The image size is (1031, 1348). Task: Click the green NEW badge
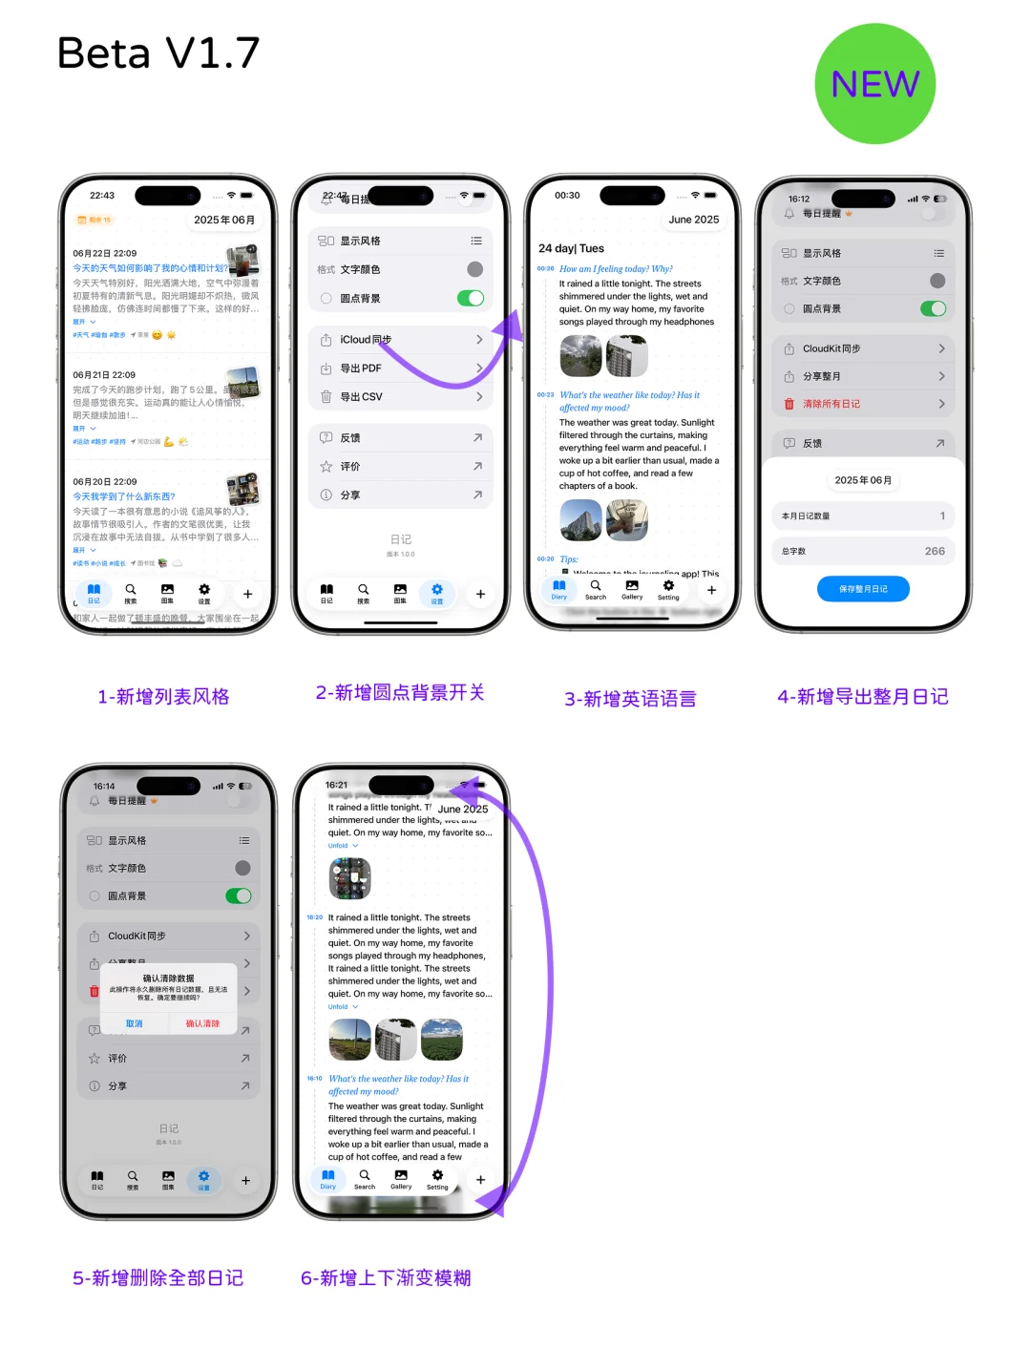tap(874, 84)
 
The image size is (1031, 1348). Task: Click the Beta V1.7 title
tap(158, 53)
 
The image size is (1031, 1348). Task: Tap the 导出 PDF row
tap(401, 369)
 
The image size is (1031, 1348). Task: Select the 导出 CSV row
tap(401, 397)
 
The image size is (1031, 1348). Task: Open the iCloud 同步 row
tap(401, 340)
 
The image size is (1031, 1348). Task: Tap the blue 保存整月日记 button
tap(863, 589)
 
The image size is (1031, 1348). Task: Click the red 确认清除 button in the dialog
tap(202, 1023)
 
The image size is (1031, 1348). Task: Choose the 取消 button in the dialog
tap(135, 1023)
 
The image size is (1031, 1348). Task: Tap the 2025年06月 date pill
tap(224, 220)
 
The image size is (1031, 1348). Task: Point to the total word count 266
tap(935, 551)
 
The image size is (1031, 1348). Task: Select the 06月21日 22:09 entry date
tap(104, 375)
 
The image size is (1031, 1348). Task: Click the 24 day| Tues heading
tap(571, 248)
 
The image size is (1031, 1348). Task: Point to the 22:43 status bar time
tap(102, 196)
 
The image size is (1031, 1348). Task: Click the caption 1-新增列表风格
tap(163, 697)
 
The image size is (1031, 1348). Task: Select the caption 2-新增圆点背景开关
tap(400, 693)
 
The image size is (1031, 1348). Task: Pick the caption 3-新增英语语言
tap(630, 699)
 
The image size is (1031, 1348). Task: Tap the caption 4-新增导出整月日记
tap(863, 697)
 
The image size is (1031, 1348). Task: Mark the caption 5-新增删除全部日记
tap(158, 1278)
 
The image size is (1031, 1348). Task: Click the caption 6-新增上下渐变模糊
tap(386, 1278)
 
